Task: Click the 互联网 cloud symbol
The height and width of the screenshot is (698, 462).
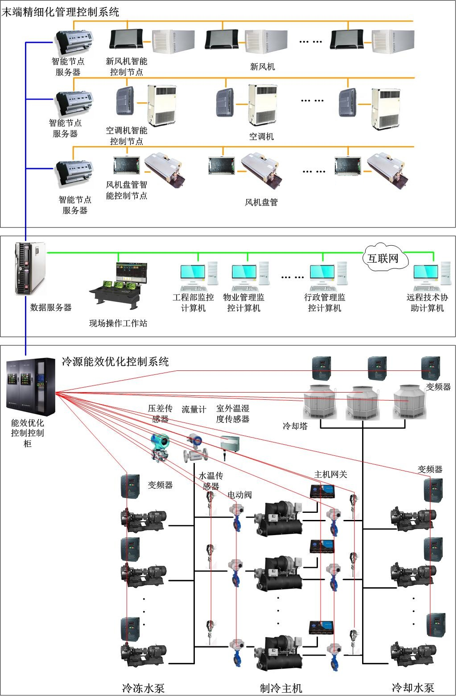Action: tap(384, 258)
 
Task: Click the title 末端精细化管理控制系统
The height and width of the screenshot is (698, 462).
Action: tap(61, 12)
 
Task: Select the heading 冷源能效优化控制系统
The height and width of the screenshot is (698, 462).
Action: tap(115, 361)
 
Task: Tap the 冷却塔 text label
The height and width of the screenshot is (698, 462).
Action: tap(295, 426)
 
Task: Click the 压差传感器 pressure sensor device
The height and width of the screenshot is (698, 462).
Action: tap(160, 447)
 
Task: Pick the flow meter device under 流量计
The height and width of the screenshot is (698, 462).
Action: tap(195, 449)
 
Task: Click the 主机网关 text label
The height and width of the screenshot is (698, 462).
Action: tap(330, 475)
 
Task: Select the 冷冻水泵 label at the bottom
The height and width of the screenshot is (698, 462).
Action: tap(143, 688)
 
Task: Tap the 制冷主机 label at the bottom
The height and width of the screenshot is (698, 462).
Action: tap(281, 688)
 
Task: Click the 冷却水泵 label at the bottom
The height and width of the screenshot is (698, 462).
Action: tap(412, 688)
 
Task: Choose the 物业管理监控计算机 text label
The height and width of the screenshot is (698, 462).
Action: tap(243, 303)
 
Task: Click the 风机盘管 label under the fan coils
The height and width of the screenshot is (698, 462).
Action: tap(261, 203)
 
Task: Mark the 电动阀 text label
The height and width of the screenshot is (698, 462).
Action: tap(239, 495)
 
